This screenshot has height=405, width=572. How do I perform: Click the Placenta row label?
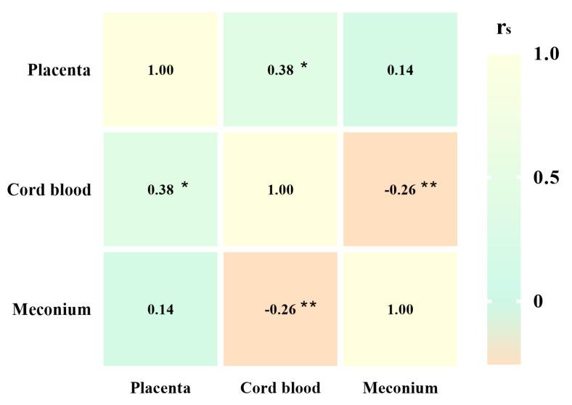point(60,70)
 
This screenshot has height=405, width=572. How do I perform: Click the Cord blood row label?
point(49,190)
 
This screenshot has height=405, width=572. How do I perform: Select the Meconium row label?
point(52,310)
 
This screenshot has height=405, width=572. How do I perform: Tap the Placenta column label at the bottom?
point(160,388)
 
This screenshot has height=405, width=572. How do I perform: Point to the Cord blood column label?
point(280,388)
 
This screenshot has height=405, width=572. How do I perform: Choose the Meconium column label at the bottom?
point(400,388)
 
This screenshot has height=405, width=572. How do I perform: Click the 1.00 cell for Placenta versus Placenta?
point(160,70)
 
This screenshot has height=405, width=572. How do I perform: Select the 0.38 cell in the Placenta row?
point(281,70)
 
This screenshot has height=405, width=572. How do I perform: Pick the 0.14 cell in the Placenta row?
point(400,70)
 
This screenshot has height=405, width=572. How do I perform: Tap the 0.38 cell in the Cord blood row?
point(160,190)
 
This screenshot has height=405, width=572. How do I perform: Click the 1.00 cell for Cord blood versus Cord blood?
point(280,190)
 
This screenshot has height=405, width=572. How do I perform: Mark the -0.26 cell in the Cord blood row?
point(400,190)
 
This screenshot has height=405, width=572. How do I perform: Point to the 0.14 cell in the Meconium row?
point(160,310)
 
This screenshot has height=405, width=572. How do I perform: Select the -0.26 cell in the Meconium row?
point(280,310)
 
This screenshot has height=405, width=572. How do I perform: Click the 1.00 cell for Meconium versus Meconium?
point(400,310)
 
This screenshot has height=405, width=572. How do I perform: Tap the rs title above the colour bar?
point(503,28)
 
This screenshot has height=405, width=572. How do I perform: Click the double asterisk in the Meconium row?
point(309,306)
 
